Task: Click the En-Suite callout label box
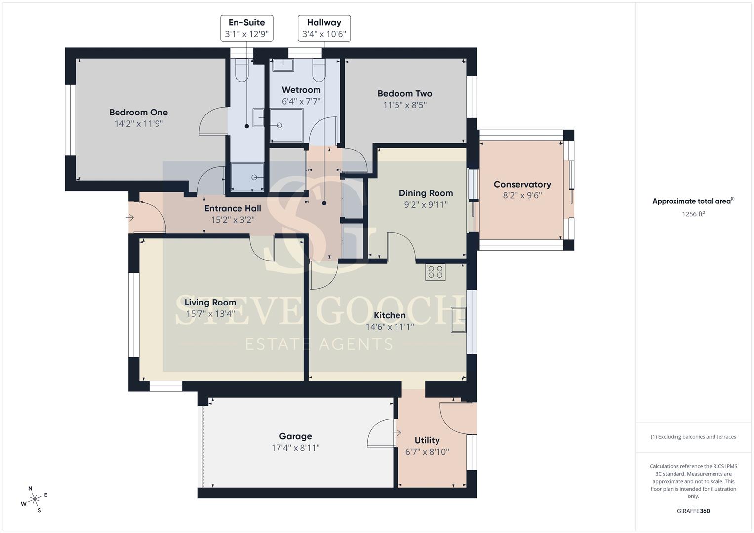[247, 28]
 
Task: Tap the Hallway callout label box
[324, 28]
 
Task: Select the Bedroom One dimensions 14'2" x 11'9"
[139, 124]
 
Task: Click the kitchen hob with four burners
[435, 272]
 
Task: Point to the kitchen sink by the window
[458, 320]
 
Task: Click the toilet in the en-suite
[241, 70]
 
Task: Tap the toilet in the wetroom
[319, 70]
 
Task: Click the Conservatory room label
[522, 185]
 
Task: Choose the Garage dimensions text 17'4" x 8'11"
[296, 448]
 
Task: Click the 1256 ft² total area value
[693, 214]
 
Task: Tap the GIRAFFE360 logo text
[693, 511]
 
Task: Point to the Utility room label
[427, 440]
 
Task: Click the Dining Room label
[426, 193]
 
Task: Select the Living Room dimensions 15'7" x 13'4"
[210, 314]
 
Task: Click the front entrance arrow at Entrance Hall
[130, 218]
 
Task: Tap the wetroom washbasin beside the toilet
[283, 65]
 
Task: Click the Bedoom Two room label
[404, 94]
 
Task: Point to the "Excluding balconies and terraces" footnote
[693, 437]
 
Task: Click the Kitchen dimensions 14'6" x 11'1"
[390, 327]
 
